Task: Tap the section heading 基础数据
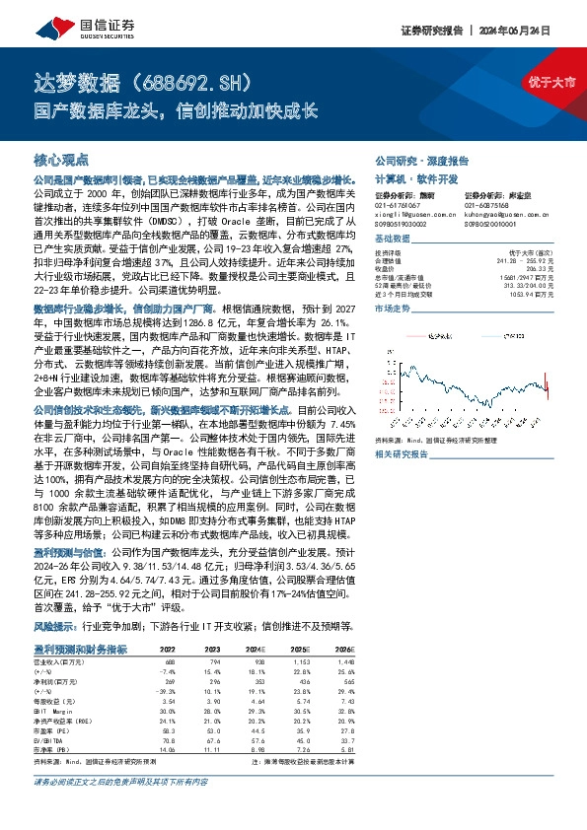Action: pyautogui.click(x=392, y=240)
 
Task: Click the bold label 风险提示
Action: pyautogui.click(x=57, y=598)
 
